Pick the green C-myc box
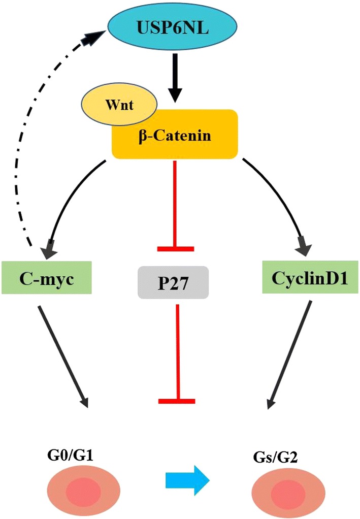[x=46, y=278]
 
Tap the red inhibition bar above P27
[x=176, y=248]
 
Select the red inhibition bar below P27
[x=176, y=401]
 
